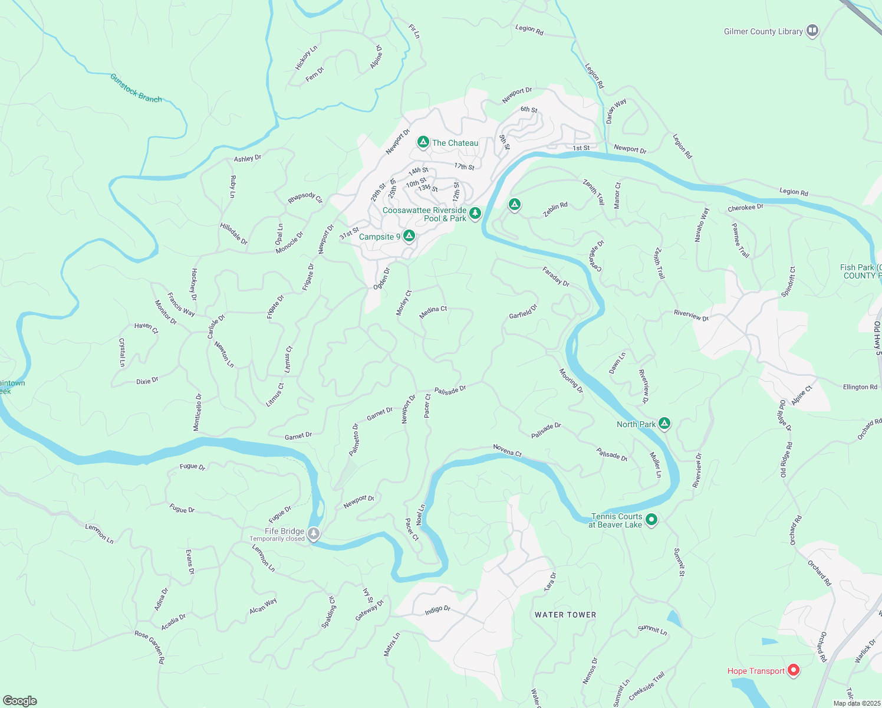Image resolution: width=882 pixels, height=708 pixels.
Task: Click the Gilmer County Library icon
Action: click(x=812, y=31)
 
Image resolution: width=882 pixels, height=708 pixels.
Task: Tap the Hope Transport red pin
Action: click(x=794, y=670)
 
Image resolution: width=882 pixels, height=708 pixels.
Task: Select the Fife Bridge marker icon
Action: click(x=314, y=534)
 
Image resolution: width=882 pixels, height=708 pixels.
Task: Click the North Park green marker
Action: click(x=664, y=423)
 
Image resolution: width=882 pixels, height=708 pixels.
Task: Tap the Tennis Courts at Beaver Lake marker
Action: click(x=651, y=520)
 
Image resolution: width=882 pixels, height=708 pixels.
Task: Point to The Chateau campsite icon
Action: click(x=423, y=142)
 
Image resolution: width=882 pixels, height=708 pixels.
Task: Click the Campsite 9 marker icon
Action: click(x=409, y=236)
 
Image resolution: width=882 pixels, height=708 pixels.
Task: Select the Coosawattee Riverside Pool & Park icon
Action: click(x=475, y=213)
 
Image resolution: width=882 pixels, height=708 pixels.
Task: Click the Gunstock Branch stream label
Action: click(x=136, y=88)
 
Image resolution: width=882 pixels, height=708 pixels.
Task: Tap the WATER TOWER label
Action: click(x=565, y=615)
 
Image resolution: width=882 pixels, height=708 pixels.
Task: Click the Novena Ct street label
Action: click(x=508, y=451)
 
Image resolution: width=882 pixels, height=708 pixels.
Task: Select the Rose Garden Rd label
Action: click(x=150, y=647)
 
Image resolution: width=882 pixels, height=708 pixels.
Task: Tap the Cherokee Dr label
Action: click(x=745, y=208)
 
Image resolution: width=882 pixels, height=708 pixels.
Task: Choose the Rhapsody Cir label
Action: click(x=305, y=198)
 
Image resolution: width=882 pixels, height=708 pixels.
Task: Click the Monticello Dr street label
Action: click(x=198, y=412)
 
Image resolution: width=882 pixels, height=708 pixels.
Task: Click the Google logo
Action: click(x=19, y=700)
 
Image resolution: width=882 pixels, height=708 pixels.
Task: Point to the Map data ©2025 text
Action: click(x=855, y=703)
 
